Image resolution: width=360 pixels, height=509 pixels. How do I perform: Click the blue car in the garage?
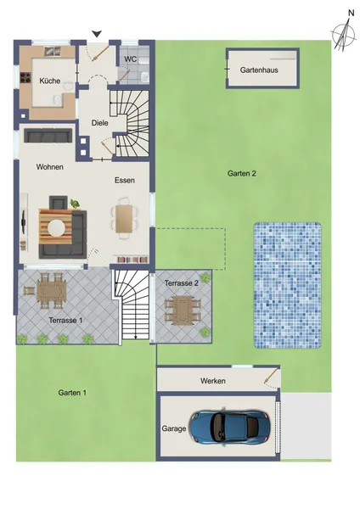coord(230,426)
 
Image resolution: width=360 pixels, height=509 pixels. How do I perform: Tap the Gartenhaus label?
coord(259,70)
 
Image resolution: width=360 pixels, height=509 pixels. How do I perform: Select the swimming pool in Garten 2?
coord(288,285)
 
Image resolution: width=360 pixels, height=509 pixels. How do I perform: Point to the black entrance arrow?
coord(97,34)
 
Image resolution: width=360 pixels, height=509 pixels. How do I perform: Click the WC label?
coord(130,59)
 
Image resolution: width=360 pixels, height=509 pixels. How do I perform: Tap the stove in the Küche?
coord(25,77)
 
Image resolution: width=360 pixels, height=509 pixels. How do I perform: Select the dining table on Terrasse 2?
coord(183,309)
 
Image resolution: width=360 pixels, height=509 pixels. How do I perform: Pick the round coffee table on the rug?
coord(56,228)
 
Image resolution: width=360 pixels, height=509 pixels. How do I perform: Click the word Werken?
coord(213,381)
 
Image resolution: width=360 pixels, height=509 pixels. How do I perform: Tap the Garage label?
coord(174,428)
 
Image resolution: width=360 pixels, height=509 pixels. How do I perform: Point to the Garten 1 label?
coord(72,393)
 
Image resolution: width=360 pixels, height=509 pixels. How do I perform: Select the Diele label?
coord(99,123)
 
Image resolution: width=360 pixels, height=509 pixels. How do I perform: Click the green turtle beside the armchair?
coord(75,204)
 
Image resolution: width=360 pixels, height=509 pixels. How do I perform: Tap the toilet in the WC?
coord(145,76)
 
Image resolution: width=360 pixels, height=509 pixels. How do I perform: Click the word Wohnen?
coord(50,167)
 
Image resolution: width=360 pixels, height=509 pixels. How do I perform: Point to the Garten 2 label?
coord(242,173)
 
